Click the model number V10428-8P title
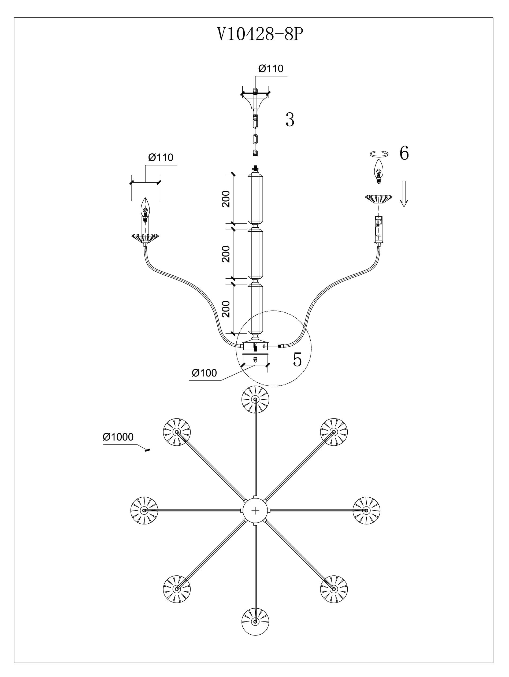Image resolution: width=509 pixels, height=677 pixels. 260,34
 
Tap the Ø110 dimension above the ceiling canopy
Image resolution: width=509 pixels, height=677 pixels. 271,69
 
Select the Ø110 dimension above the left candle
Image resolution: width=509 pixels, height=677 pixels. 161,157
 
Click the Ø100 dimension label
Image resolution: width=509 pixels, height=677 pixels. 204,373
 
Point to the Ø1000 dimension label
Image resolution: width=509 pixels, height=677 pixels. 118,437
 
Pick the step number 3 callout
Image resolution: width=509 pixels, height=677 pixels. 290,120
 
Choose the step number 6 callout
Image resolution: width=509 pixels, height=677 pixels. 404,153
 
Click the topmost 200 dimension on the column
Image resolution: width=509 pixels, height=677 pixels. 226,199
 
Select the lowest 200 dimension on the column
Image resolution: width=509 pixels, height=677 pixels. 226,309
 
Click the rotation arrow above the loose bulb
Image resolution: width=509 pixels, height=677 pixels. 379,154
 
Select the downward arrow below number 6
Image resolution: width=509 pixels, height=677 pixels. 404,194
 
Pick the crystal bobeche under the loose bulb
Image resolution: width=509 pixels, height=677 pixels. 379,199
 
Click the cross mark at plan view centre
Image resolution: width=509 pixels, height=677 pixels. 255,510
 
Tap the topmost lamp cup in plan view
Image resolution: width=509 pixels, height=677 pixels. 255,399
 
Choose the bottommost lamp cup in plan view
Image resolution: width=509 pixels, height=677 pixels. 255,621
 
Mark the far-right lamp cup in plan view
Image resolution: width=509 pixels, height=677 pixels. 366,510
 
